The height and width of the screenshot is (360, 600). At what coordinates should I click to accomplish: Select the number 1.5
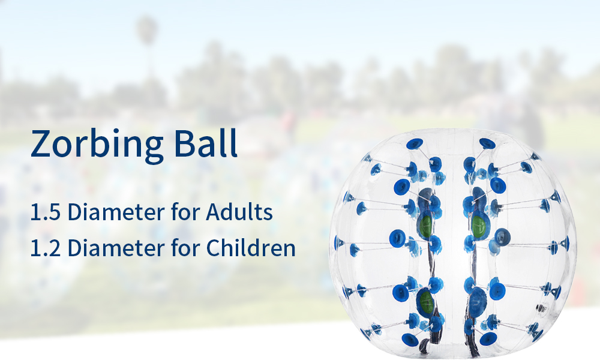(x=45, y=212)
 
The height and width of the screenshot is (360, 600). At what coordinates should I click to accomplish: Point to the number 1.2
(x=45, y=248)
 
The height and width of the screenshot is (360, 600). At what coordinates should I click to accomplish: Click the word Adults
(x=239, y=212)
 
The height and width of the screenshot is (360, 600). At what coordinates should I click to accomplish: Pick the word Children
(x=251, y=248)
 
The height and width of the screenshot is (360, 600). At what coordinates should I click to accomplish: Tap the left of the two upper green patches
(x=425, y=226)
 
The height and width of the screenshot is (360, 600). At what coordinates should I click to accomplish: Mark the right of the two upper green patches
(x=478, y=226)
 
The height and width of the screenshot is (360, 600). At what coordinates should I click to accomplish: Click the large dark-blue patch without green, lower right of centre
(x=477, y=302)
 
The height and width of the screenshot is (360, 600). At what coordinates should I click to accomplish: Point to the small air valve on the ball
(x=541, y=308)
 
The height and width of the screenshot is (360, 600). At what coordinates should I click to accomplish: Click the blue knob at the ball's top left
(x=415, y=144)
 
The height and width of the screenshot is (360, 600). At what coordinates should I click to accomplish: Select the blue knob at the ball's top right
(x=487, y=144)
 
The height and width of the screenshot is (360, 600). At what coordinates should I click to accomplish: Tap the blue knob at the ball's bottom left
(x=410, y=339)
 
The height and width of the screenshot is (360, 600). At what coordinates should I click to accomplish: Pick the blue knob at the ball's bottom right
(x=488, y=338)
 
